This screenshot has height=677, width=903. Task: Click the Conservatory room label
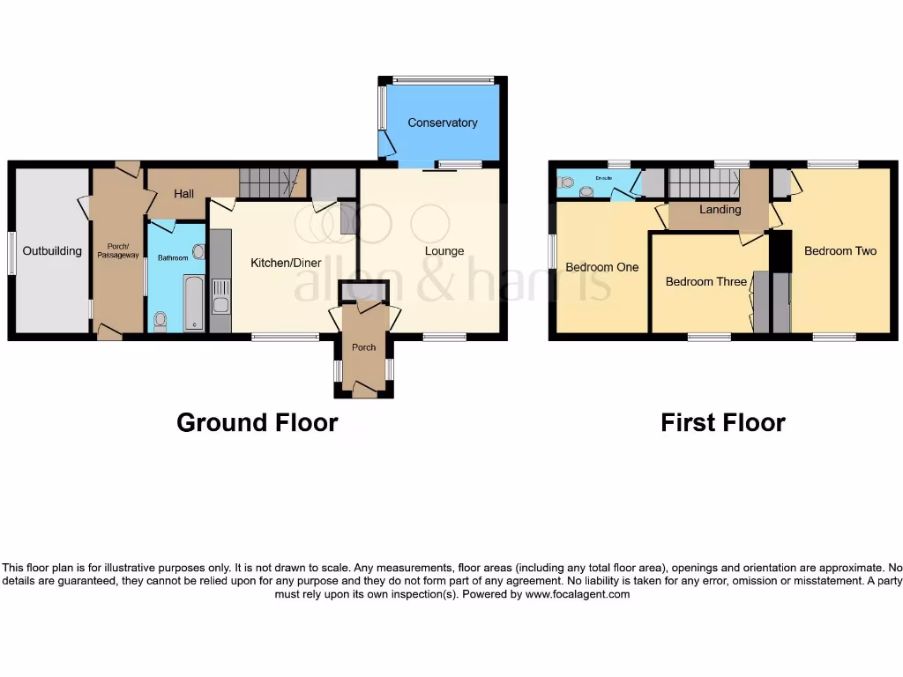[442, 123]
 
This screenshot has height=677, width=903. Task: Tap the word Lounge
[444, 251]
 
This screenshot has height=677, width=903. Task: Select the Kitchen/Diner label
[286, 263]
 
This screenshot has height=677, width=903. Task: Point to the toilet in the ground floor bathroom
[160, 322]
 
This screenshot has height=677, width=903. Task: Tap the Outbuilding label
[52, 251]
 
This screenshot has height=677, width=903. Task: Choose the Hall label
[183, 194]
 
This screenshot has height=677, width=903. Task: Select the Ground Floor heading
[257, 422]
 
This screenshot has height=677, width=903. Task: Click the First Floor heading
[722, 422]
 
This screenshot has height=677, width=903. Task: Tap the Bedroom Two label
[840, 251]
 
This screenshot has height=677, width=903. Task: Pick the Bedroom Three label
[705, 282]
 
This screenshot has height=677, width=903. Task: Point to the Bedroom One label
[601, 267]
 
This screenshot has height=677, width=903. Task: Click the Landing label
[720, 210]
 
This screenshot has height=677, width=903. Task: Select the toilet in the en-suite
[567, 183]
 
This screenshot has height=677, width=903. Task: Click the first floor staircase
[703, 182]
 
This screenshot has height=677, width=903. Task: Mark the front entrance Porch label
[363, 347]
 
